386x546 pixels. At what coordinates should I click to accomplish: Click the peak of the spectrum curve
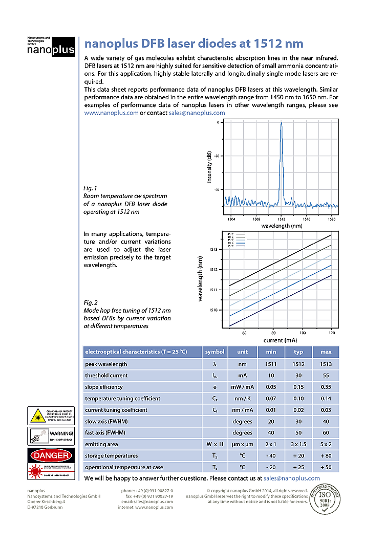tap(281, 123)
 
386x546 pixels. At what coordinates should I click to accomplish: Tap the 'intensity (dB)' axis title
tap(209, 167)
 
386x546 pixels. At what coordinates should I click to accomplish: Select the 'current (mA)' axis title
tap(281, 340)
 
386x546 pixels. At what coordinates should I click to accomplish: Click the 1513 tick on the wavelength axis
tap(214, 249)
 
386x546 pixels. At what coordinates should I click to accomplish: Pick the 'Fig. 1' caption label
tap(90, 188)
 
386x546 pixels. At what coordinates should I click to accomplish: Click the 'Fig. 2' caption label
tap(90, 302)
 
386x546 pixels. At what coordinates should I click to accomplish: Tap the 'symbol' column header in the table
tap(215, 352)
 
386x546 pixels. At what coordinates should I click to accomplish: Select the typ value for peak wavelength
tap(298, 364)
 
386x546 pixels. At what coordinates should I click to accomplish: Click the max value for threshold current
tap(326, 376)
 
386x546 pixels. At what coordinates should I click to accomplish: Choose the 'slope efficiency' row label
tap(106, 387)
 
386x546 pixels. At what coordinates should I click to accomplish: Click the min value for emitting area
tap(271, 444)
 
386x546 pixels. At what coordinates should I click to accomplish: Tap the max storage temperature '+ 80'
tap(326, 455)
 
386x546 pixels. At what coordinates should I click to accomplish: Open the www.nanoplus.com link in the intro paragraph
tap(111, 113)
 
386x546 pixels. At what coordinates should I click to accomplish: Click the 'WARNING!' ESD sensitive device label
tap(50, 436)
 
